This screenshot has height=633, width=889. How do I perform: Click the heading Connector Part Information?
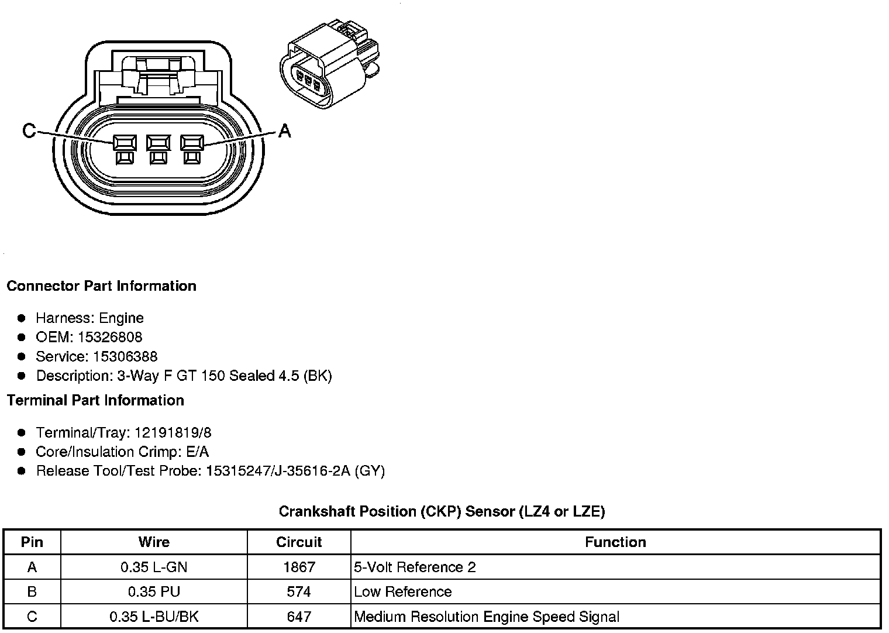101,286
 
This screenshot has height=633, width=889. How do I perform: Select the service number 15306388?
125,356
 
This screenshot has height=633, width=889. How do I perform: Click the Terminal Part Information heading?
95,400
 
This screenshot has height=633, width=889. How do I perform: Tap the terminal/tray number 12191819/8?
173,432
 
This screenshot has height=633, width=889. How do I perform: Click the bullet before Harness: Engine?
22,318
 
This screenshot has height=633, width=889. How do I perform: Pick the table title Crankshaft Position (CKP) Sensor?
442,511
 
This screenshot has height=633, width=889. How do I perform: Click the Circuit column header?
299,542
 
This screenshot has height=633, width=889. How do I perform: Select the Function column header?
615,542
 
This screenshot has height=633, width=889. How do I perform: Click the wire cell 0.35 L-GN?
154,567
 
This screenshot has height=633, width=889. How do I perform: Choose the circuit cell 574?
299,591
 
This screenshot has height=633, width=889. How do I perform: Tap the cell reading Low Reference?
403,591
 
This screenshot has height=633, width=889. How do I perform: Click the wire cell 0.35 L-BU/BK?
154,617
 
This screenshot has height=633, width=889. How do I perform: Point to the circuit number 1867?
299,567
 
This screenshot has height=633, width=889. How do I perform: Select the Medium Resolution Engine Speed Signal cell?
487,617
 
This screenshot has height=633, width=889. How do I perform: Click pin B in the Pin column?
32,591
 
